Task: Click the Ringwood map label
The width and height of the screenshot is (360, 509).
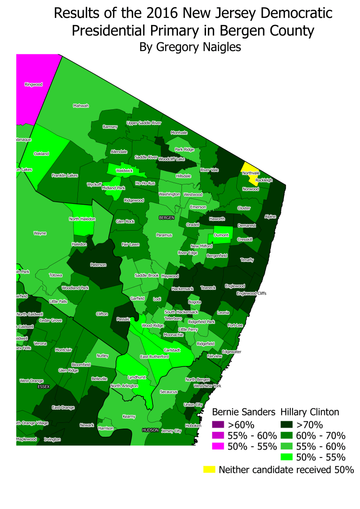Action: pyautogui.click(x=34, y=84)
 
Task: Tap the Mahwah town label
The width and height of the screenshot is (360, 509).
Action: pyautogui.click(x=81, y=106)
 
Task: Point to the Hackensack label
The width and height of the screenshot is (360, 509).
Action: pyautogui.click(x=182, y=289)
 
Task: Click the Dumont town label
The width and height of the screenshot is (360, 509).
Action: pyautogui.click(x=221, y=235)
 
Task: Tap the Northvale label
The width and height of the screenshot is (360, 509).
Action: pyautogui.click(x=251, y=173)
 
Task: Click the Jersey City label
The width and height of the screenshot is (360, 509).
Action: pyautogui.click(x=171, y=431)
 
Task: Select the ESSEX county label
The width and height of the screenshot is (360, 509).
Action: pyautogui.click(x=44, y=387)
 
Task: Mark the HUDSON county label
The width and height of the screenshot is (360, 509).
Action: pyautogui.click(x=150, y=430)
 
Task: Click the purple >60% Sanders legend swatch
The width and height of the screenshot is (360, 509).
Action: pyautogui.click(x=219, y=425)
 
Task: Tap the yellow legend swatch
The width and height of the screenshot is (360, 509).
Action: pyautogui.click(x=210, y=469)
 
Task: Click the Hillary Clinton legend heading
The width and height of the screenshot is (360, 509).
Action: pyautogui.click(x=310, y=412)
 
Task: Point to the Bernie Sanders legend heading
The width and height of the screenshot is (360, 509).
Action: pyautogui.click(x=244, y=412)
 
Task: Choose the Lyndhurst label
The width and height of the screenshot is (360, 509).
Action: pyautogui.click(x=136, y=377)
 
